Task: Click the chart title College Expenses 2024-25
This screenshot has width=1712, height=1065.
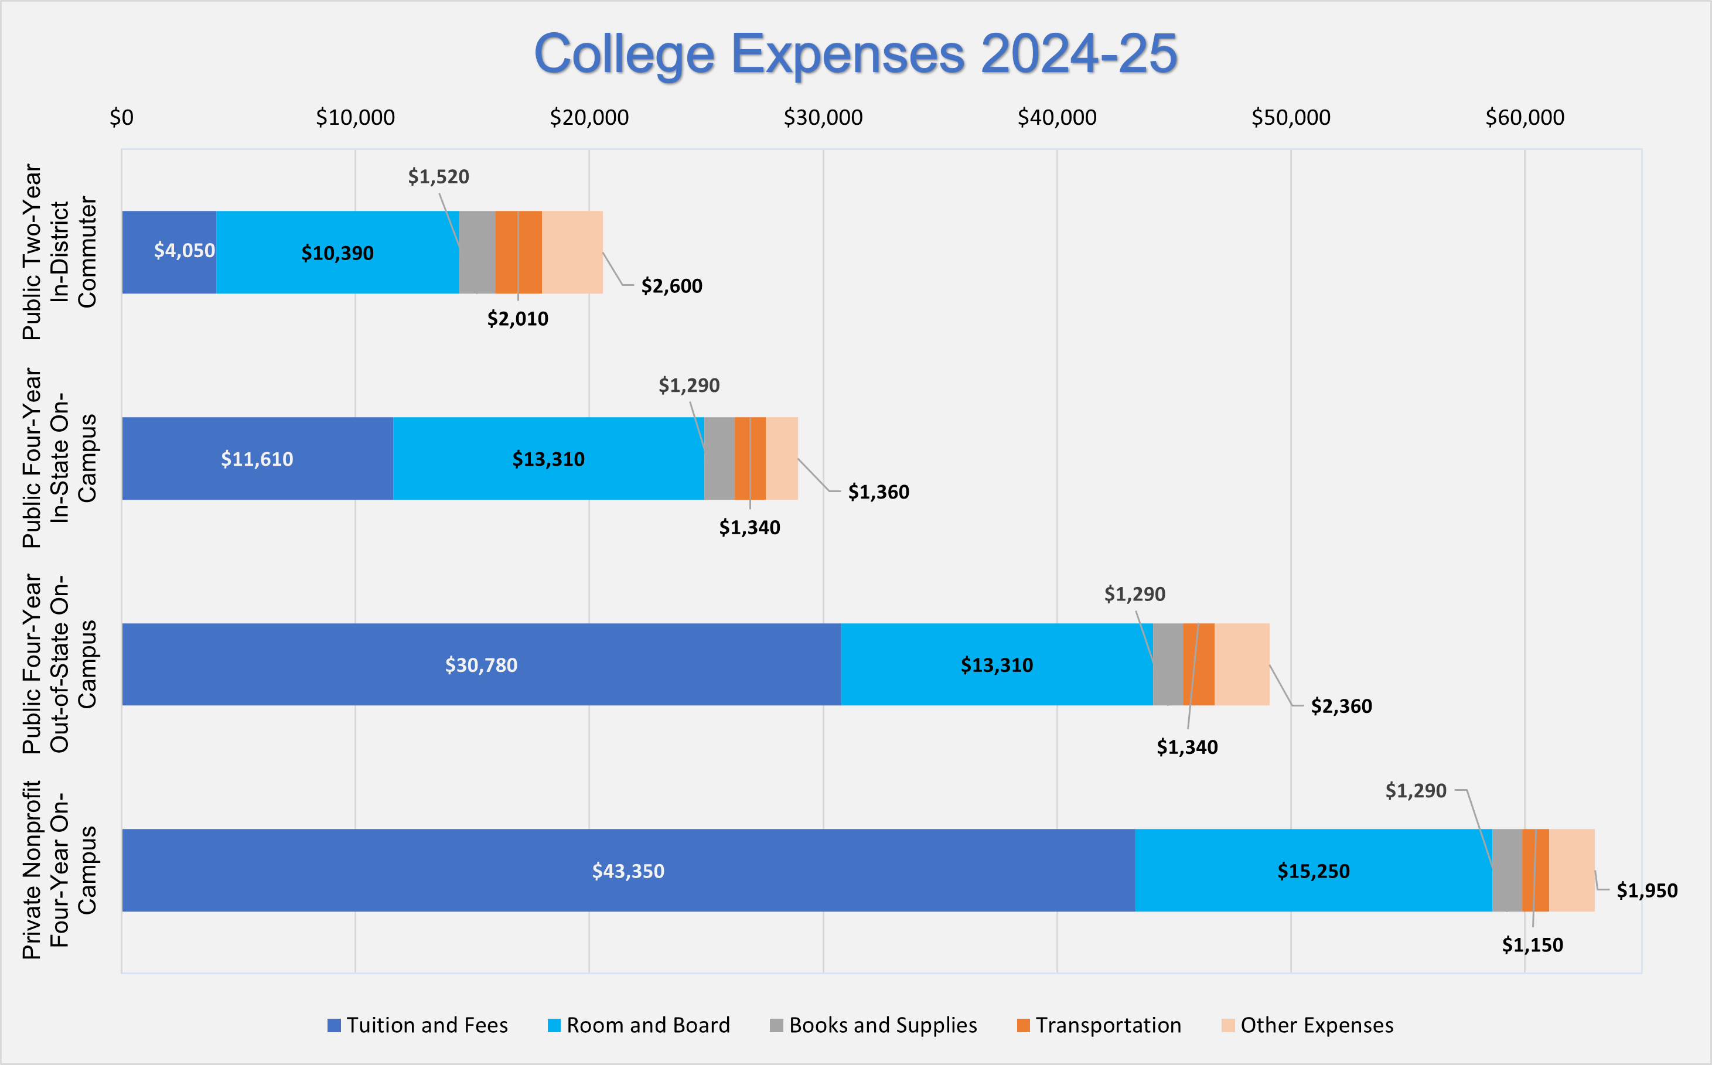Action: [x=855, y=53]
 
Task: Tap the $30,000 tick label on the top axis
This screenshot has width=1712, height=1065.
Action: [x=823, y=118]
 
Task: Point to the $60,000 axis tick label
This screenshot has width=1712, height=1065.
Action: [x=1525, y=118]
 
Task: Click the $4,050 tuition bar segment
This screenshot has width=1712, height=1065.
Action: [x=169, y=251]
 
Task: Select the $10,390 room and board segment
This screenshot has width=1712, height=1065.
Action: [x=337, y=252]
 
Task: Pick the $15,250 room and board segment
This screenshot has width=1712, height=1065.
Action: [x=1313, y=871]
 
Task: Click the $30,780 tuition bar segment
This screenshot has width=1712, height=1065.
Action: [x=481, y=664]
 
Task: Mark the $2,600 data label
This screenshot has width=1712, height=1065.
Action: [x=671, y=286]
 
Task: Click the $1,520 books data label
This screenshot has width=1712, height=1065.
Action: [x=438, y=176]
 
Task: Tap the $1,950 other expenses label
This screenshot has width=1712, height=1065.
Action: [x=1646, y=890]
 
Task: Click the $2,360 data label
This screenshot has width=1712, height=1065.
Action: [x=1341, y=706]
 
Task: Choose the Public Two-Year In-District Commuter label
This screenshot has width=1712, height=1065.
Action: [x=59, y=251]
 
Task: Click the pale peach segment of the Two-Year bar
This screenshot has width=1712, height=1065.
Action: [x=572, y=251]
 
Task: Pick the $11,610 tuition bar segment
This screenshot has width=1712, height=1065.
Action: [x=257, y=459]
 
